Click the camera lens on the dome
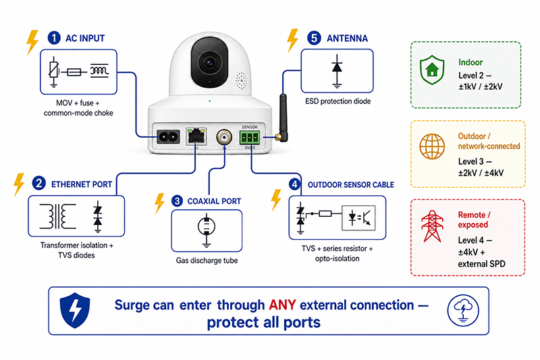tap(209, 62)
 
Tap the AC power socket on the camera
tap(168, 137)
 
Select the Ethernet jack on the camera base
tap(196, 136)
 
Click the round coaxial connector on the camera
tap(224, 137)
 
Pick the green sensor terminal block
tap(250, 138)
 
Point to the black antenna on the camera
tap(283, 118)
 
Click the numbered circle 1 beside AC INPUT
tap(54, 38)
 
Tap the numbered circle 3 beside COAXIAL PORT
tap(177, 201)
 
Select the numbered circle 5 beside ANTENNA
tap(314, 38)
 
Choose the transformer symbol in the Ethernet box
tap(57, 216)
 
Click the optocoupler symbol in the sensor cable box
tap(358, 217)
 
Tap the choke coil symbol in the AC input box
tap(99, 71)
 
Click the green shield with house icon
tap(432, 70)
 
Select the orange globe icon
tap(432, 147)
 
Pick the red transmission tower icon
tap(431, 226)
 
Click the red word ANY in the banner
tap(282, 305)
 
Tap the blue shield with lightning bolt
tap(75, 310)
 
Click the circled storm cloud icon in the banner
tap(463, 311)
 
